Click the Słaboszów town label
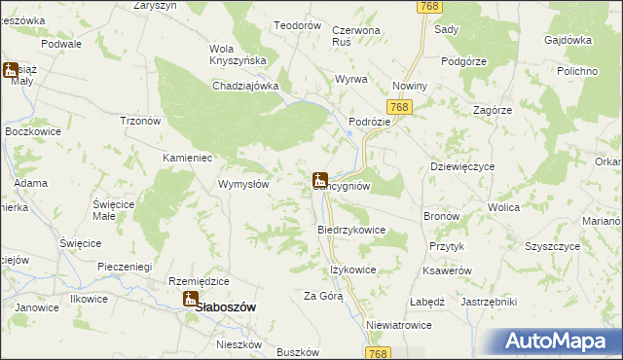point(227,306)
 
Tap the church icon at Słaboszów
point(191,301)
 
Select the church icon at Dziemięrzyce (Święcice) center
point(319,180)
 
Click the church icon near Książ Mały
point(11,70)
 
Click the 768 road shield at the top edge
point(428,7)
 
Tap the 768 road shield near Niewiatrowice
point(380,352)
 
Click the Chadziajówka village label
point(246,86)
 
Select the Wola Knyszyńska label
point(238,54)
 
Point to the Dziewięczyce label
point(462,166)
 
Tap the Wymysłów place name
point(243,184)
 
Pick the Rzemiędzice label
point(199,280)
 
